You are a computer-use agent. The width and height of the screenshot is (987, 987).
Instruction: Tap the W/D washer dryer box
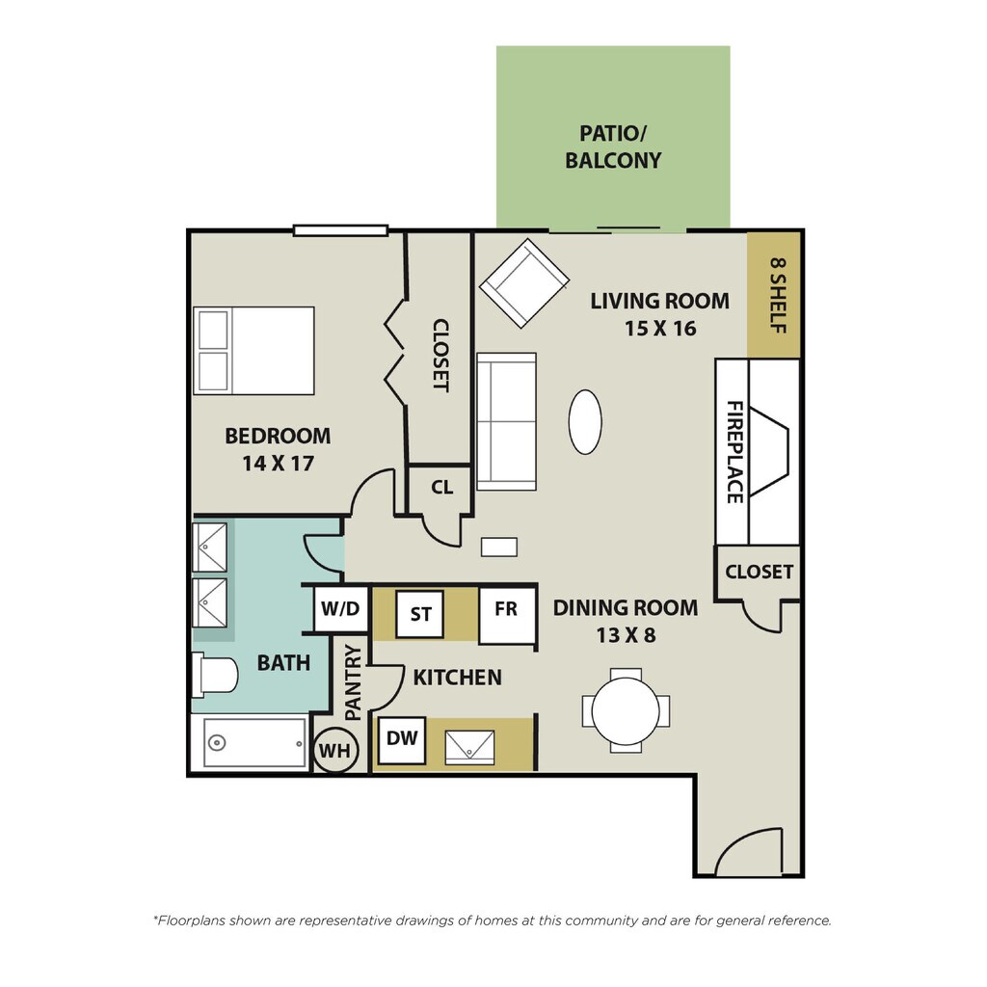pos(340,609)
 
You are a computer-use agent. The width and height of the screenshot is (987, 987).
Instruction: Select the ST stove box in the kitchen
pos(420,613)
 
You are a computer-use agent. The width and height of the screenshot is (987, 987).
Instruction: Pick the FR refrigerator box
pos(507,615)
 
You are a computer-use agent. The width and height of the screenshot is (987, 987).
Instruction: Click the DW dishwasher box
pos(402,740)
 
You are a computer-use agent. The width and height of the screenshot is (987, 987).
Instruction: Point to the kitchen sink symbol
pos(469,747)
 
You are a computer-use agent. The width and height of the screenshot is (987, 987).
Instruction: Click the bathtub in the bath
pos(254,743)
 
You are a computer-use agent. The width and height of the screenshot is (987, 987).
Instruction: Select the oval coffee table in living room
pos(585,422)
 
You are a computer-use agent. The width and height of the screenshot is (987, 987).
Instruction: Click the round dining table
pos(626,710)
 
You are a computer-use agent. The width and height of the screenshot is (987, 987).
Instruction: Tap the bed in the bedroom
pos(253,351)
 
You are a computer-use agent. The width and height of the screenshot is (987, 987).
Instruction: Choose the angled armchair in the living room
pos(524,283)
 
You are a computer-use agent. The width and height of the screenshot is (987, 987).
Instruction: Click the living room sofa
pos(507,421)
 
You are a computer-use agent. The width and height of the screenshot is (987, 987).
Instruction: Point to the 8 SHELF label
pos(778,295)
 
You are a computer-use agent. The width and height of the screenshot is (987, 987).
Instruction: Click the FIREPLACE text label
pos(734,452)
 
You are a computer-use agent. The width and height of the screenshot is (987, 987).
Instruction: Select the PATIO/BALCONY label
pos(613,147)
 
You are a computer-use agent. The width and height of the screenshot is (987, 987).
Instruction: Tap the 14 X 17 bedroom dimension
pos(278,464)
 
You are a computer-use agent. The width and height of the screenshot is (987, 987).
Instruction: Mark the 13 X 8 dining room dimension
pos(627,635)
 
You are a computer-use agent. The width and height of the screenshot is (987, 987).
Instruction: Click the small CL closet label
pos(441,487)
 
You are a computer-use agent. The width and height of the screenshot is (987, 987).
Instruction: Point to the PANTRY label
pos(354,682)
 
